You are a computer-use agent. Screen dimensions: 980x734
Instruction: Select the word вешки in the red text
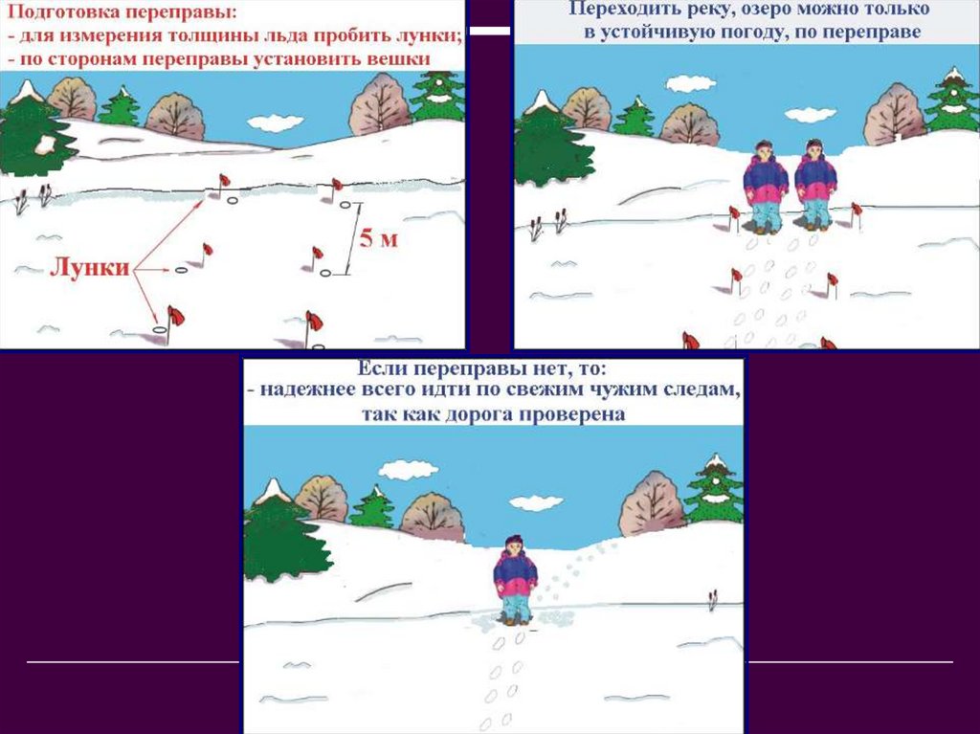pos(399,59)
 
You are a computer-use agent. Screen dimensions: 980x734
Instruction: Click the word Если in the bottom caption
pos(377,367)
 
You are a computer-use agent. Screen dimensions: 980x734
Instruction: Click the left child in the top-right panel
pos(765,186)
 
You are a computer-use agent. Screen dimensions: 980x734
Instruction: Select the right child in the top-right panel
pos(815,185)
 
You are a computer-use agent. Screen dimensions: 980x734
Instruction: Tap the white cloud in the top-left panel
pos(275,122)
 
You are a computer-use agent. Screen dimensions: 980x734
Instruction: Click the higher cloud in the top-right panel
pos(691,82)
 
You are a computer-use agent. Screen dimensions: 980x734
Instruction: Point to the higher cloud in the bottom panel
pos(409,469)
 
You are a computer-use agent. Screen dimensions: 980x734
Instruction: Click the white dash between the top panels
pos(490,30)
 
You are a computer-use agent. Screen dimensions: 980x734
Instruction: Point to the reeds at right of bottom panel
pos(712,598)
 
